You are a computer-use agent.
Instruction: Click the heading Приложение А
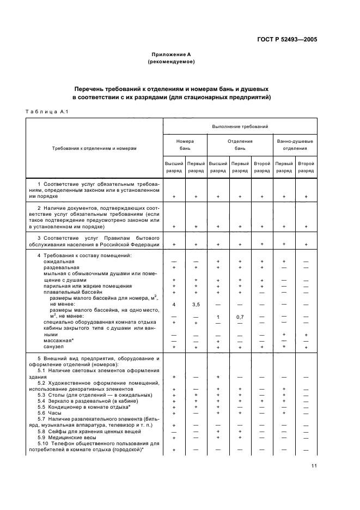coord(171,55)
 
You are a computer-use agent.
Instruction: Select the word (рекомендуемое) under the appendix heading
coord(171,62)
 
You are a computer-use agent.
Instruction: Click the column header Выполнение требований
coord(240,126)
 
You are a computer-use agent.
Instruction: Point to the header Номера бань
coord(185,144)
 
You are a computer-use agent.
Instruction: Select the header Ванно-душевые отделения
coord(295,144)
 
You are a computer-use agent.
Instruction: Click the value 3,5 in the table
coord(196,303)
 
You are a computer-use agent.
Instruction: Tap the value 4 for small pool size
coord(174,303)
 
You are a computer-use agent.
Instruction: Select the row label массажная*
coord(57,341)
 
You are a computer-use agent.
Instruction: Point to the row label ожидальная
coord(58,262)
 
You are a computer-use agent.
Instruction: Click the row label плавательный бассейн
coord(72,292)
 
